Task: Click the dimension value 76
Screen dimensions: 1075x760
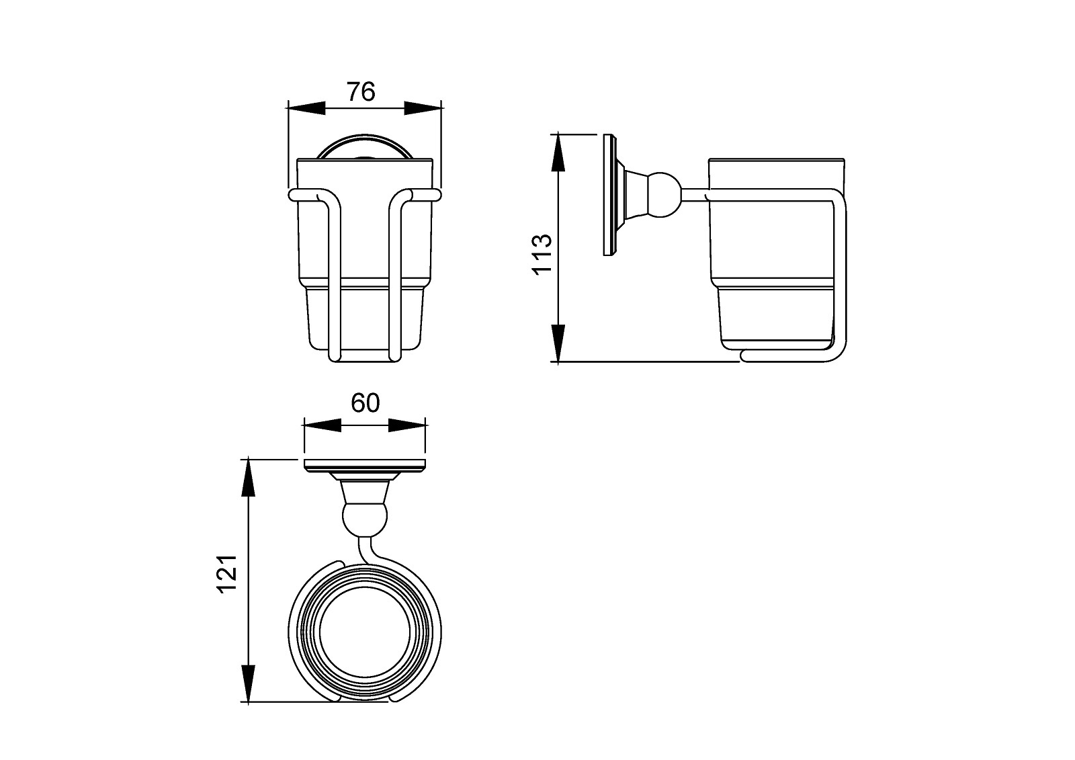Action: pos(361,92)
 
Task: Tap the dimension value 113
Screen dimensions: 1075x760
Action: pos(542,254)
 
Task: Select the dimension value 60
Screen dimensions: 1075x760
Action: pos(365,403)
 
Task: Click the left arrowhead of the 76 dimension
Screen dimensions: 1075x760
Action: pos(306,108)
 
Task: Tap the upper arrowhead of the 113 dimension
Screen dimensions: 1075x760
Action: pos(558,153)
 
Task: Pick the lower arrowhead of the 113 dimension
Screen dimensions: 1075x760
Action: pos(558,343)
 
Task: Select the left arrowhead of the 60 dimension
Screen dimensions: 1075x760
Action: pos(322,425)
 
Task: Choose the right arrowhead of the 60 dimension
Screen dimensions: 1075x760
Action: pos(407,425)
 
